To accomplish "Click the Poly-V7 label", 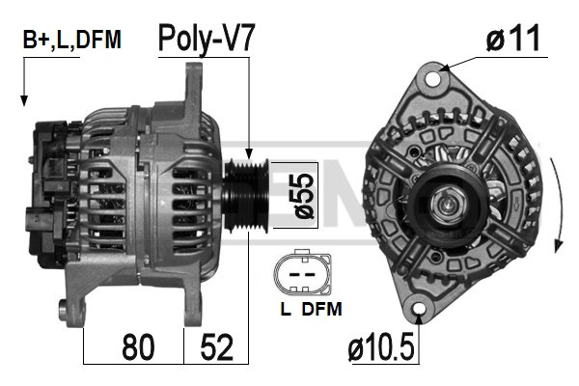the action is [x=207, y=40].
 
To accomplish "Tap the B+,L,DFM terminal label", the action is [x=72, y=40].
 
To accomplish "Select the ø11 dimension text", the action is [x=513, y=39].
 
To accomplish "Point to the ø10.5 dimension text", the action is [x=381, y=346].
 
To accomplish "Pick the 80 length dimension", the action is [x=138, y=346].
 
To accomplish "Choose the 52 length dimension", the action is [x=217, y=346].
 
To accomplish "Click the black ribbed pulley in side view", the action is [x=246, y=195].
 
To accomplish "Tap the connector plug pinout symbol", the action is [x=302, y=273].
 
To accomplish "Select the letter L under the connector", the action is [x=285, y=309].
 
